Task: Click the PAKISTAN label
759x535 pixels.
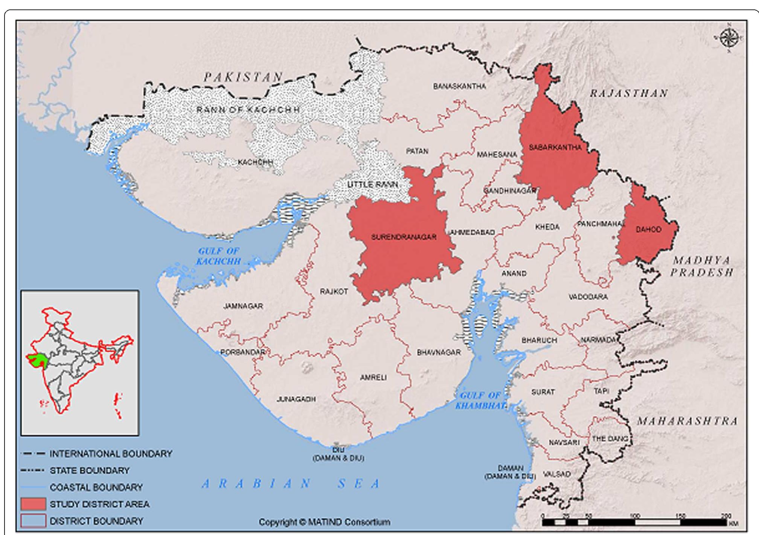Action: tap(243, 77)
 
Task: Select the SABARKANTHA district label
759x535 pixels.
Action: tap(555, 148)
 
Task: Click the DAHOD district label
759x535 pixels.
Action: tap(648, 229)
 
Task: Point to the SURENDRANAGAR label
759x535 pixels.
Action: tap(404, 237)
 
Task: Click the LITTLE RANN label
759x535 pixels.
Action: tap(372, 184)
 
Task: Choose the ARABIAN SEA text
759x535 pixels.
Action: tap(291, 484)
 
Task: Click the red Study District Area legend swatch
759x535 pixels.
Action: tap(34, 504)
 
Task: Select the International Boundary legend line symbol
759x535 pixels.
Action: tap(33, 454)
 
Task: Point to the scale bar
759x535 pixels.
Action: tap(636, 522)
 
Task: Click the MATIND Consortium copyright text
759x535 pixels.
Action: tap(324, 522)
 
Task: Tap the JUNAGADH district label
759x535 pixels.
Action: tap(296, 399)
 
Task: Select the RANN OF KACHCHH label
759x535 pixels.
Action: tap(248, 110)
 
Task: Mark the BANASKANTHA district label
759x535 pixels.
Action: tap(459, 86)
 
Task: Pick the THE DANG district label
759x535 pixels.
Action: tap(610, 439)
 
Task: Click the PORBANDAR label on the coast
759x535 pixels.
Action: tap(243, 352)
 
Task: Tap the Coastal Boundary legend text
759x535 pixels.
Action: tap(96, 487)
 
